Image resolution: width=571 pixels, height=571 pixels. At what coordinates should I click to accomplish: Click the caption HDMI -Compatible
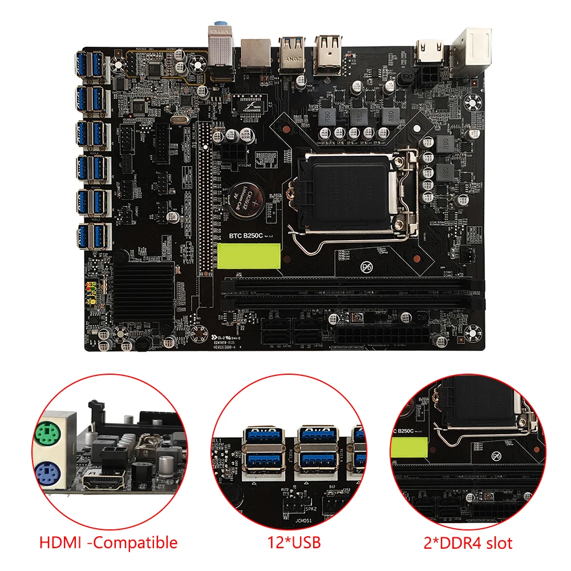(x=109, y=542)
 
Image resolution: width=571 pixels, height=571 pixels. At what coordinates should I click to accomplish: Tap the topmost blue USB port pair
(x=91, y=66)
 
